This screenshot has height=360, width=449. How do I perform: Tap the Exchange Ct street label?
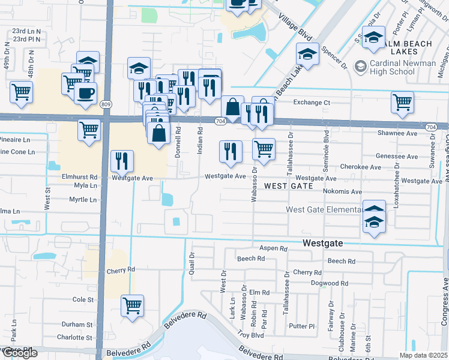pos(312,103)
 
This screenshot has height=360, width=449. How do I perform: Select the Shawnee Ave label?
pos(397,133)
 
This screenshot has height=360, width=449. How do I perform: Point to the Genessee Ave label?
pos(396,157)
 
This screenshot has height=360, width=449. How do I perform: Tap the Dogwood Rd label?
pos(330,283)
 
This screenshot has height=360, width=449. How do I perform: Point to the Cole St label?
pos(83,299)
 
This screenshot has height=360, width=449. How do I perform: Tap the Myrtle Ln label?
pos(82,199)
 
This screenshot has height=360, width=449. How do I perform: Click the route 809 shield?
pos(106,104)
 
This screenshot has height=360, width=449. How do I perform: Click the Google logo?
pos(19,353)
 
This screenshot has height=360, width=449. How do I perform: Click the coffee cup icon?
pos(85,92)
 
